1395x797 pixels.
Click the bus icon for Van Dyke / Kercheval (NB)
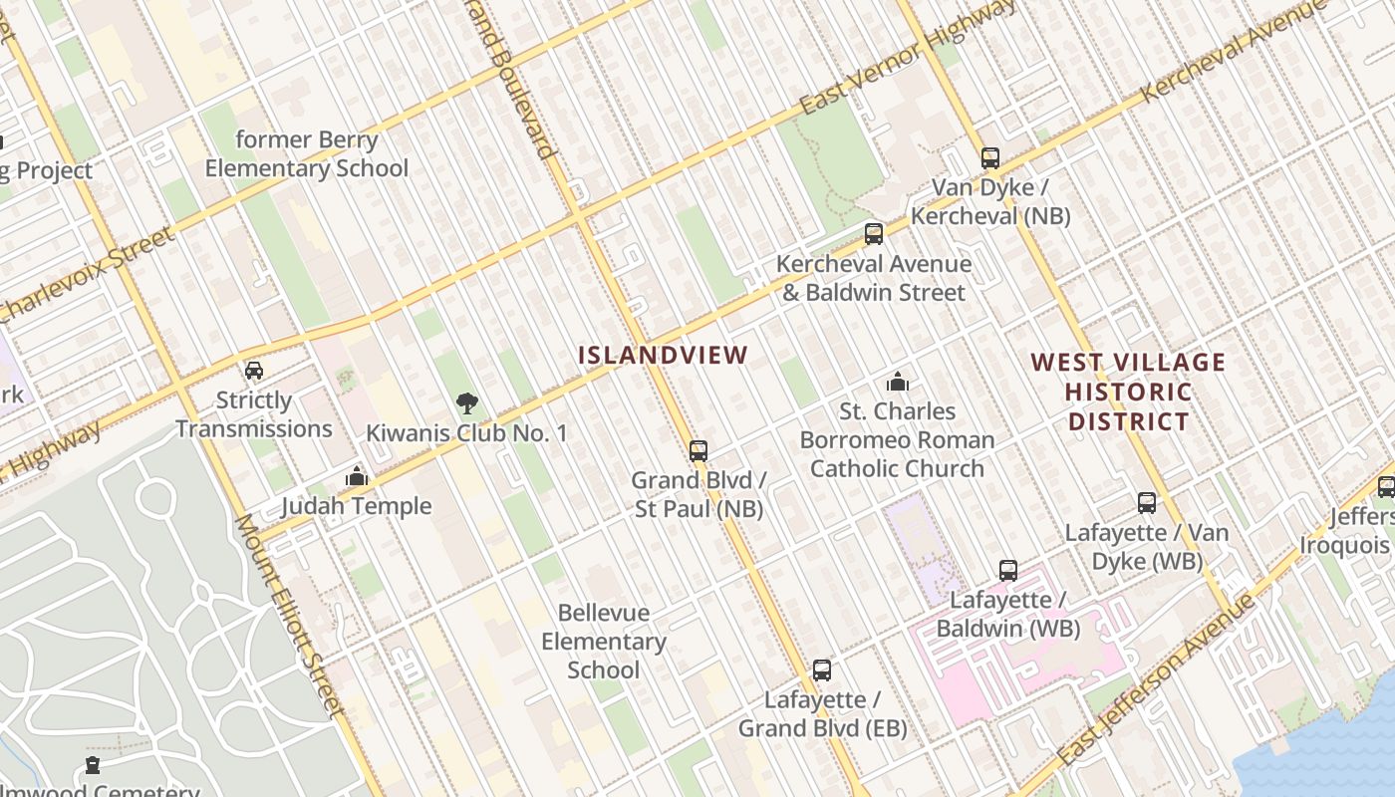[989, 157]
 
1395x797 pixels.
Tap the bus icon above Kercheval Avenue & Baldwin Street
[874, 234]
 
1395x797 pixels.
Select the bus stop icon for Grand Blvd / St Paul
[698, 450]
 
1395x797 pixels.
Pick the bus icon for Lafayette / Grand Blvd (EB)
[822, 670]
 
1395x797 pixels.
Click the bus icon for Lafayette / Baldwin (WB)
[1008, 571]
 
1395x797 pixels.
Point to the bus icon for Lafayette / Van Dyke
[1147, 503]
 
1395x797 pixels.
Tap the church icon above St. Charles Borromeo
[898, 382]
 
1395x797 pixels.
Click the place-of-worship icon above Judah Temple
[356, 477]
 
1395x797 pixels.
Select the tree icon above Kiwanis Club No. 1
[466, 403]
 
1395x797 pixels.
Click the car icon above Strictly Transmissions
[254, 371]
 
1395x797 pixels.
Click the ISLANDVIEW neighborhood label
[663, 356]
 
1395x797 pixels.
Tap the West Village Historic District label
[1128, 392]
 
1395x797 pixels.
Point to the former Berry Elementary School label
[307, 154]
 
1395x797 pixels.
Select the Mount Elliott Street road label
[290, 615]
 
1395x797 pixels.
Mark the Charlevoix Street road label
[88, 275]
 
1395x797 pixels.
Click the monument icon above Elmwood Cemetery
[93, 765]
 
